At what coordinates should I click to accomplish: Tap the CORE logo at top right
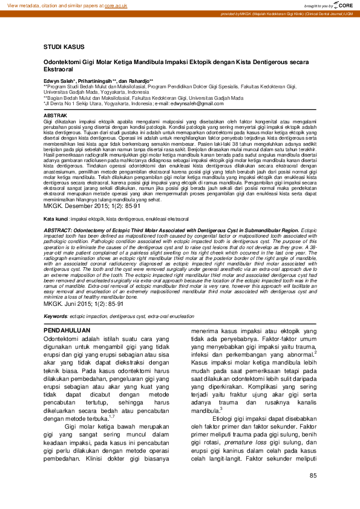point(342,5)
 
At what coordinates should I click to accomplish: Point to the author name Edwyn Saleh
point(59,80)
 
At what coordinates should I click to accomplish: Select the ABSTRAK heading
point(56,115)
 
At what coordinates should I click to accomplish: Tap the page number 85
point(313,476)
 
